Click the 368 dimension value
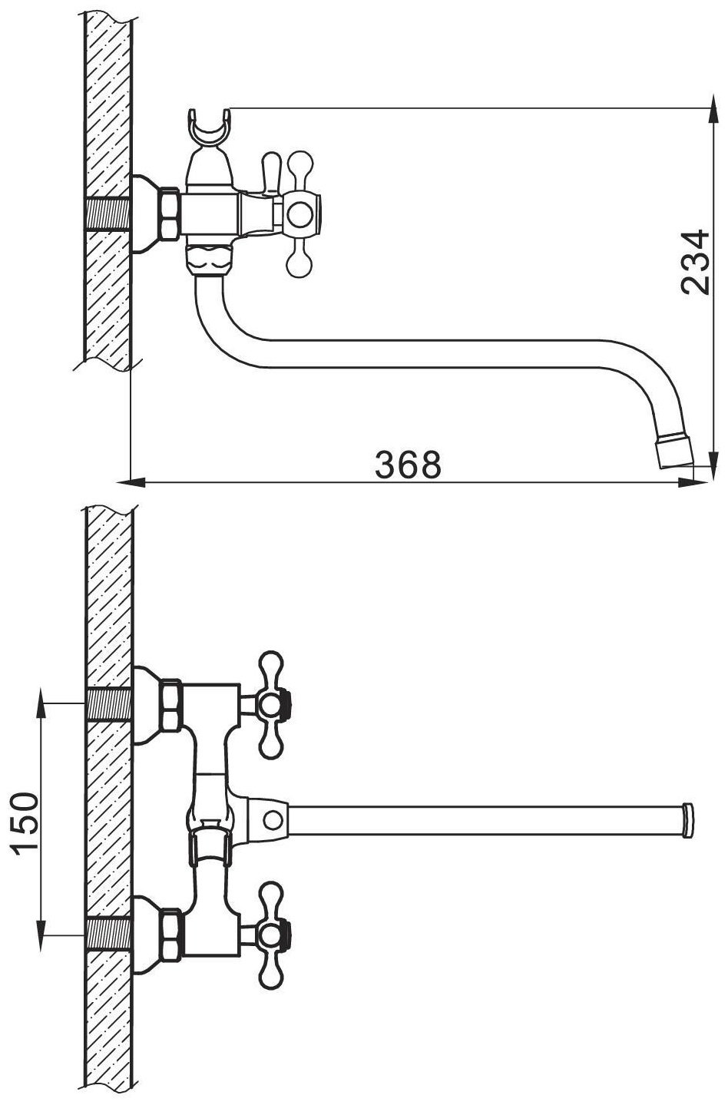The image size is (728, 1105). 408,465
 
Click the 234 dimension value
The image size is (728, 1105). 696,262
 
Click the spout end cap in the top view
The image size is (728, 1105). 687,821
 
